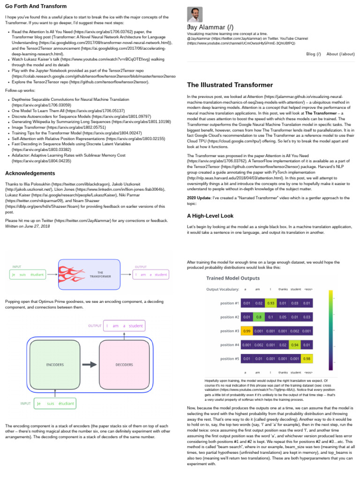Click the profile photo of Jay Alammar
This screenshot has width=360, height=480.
coord(195,15)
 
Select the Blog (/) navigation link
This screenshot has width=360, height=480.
coord(314,54)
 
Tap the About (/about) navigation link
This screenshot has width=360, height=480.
coord(340,54)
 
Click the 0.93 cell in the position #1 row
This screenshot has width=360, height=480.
coord(270,303)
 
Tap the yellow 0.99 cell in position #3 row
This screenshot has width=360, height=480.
coord(246,331)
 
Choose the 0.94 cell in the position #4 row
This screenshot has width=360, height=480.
coord(295,345)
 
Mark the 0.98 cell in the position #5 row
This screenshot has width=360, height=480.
coord(307,360)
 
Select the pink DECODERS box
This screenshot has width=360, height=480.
coord(124,364)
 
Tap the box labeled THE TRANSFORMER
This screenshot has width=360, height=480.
coord(100,274)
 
